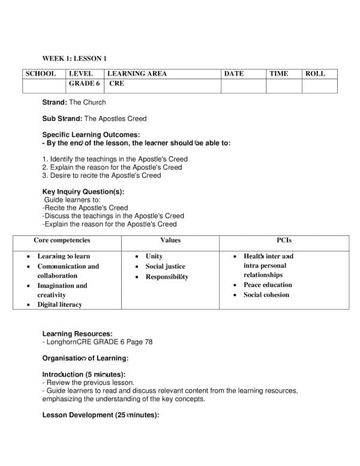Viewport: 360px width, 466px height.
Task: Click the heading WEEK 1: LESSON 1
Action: [x=74, y=58]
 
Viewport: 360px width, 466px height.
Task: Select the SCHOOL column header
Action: [x=40, y=74]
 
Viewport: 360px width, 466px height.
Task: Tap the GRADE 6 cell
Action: [x=85, y=83]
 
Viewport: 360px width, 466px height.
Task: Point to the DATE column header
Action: [x=233, y=74]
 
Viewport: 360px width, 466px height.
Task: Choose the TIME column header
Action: [x=278, y=74]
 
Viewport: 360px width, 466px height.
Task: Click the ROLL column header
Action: [x=315, y=74]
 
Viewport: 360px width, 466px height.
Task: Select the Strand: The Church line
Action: [x=74, y=103]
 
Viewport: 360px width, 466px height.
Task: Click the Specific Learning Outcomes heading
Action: [x=91, y=135]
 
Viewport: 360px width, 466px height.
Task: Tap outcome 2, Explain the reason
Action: [x=112, y=168]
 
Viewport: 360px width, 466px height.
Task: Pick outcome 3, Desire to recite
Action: [x=101, y=176]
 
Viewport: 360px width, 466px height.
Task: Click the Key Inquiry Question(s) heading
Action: [x=83, y=192]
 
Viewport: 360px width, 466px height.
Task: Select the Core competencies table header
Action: [x=62, y=240]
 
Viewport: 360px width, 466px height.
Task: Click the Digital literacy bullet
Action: [x=59, y=304]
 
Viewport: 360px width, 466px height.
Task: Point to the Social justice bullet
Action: [x=165, y=266]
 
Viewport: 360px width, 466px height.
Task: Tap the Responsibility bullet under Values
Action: [x=167, y=277]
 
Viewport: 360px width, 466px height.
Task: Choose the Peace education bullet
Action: [x=268, y=285]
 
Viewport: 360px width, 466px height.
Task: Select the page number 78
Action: [x=148, y=342]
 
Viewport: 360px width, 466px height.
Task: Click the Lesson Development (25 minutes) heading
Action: [x=100, y=415]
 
